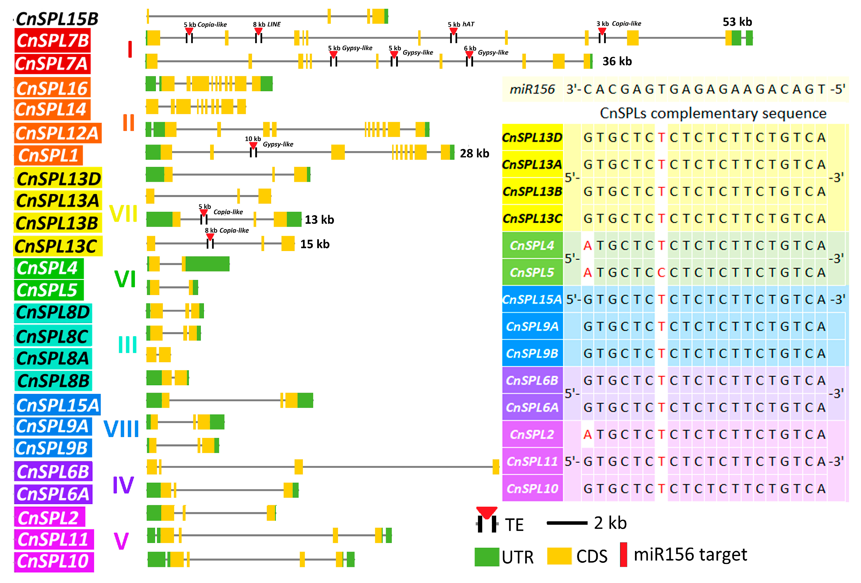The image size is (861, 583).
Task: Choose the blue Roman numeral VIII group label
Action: click(x=121, y=429)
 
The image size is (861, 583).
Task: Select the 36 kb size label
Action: click(x=617, y=61)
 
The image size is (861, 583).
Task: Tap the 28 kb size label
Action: click(x=474, y=153)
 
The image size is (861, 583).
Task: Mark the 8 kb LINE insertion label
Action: click(x=267, y=25)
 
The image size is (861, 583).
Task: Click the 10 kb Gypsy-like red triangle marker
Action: click(x=253, y=145)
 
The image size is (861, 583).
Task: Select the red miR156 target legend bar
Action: click(x=623, y=554)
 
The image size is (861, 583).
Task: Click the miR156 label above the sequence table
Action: click(x=532, y=89)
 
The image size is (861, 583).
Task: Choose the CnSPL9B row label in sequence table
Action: click(x=532, y=353)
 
